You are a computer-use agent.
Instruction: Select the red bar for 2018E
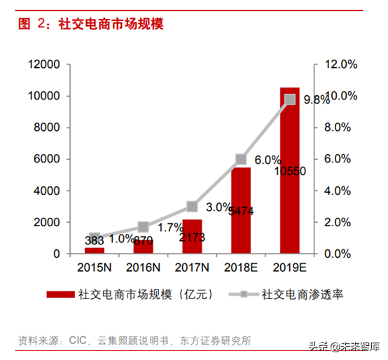[240, 210]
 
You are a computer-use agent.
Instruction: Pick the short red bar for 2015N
[95, 249]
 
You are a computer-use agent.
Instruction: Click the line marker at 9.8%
[289, 99]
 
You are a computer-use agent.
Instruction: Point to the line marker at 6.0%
[241, 159]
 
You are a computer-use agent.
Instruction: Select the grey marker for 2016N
[144, 227]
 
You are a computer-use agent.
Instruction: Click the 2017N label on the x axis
[192, 267]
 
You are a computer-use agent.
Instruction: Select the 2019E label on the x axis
[289, 267]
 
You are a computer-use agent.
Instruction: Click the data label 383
[95, 240]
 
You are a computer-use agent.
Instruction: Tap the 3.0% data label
[219, 207]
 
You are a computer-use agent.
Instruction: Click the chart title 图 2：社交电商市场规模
[90, 25]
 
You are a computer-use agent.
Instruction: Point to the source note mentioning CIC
[134, 341]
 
